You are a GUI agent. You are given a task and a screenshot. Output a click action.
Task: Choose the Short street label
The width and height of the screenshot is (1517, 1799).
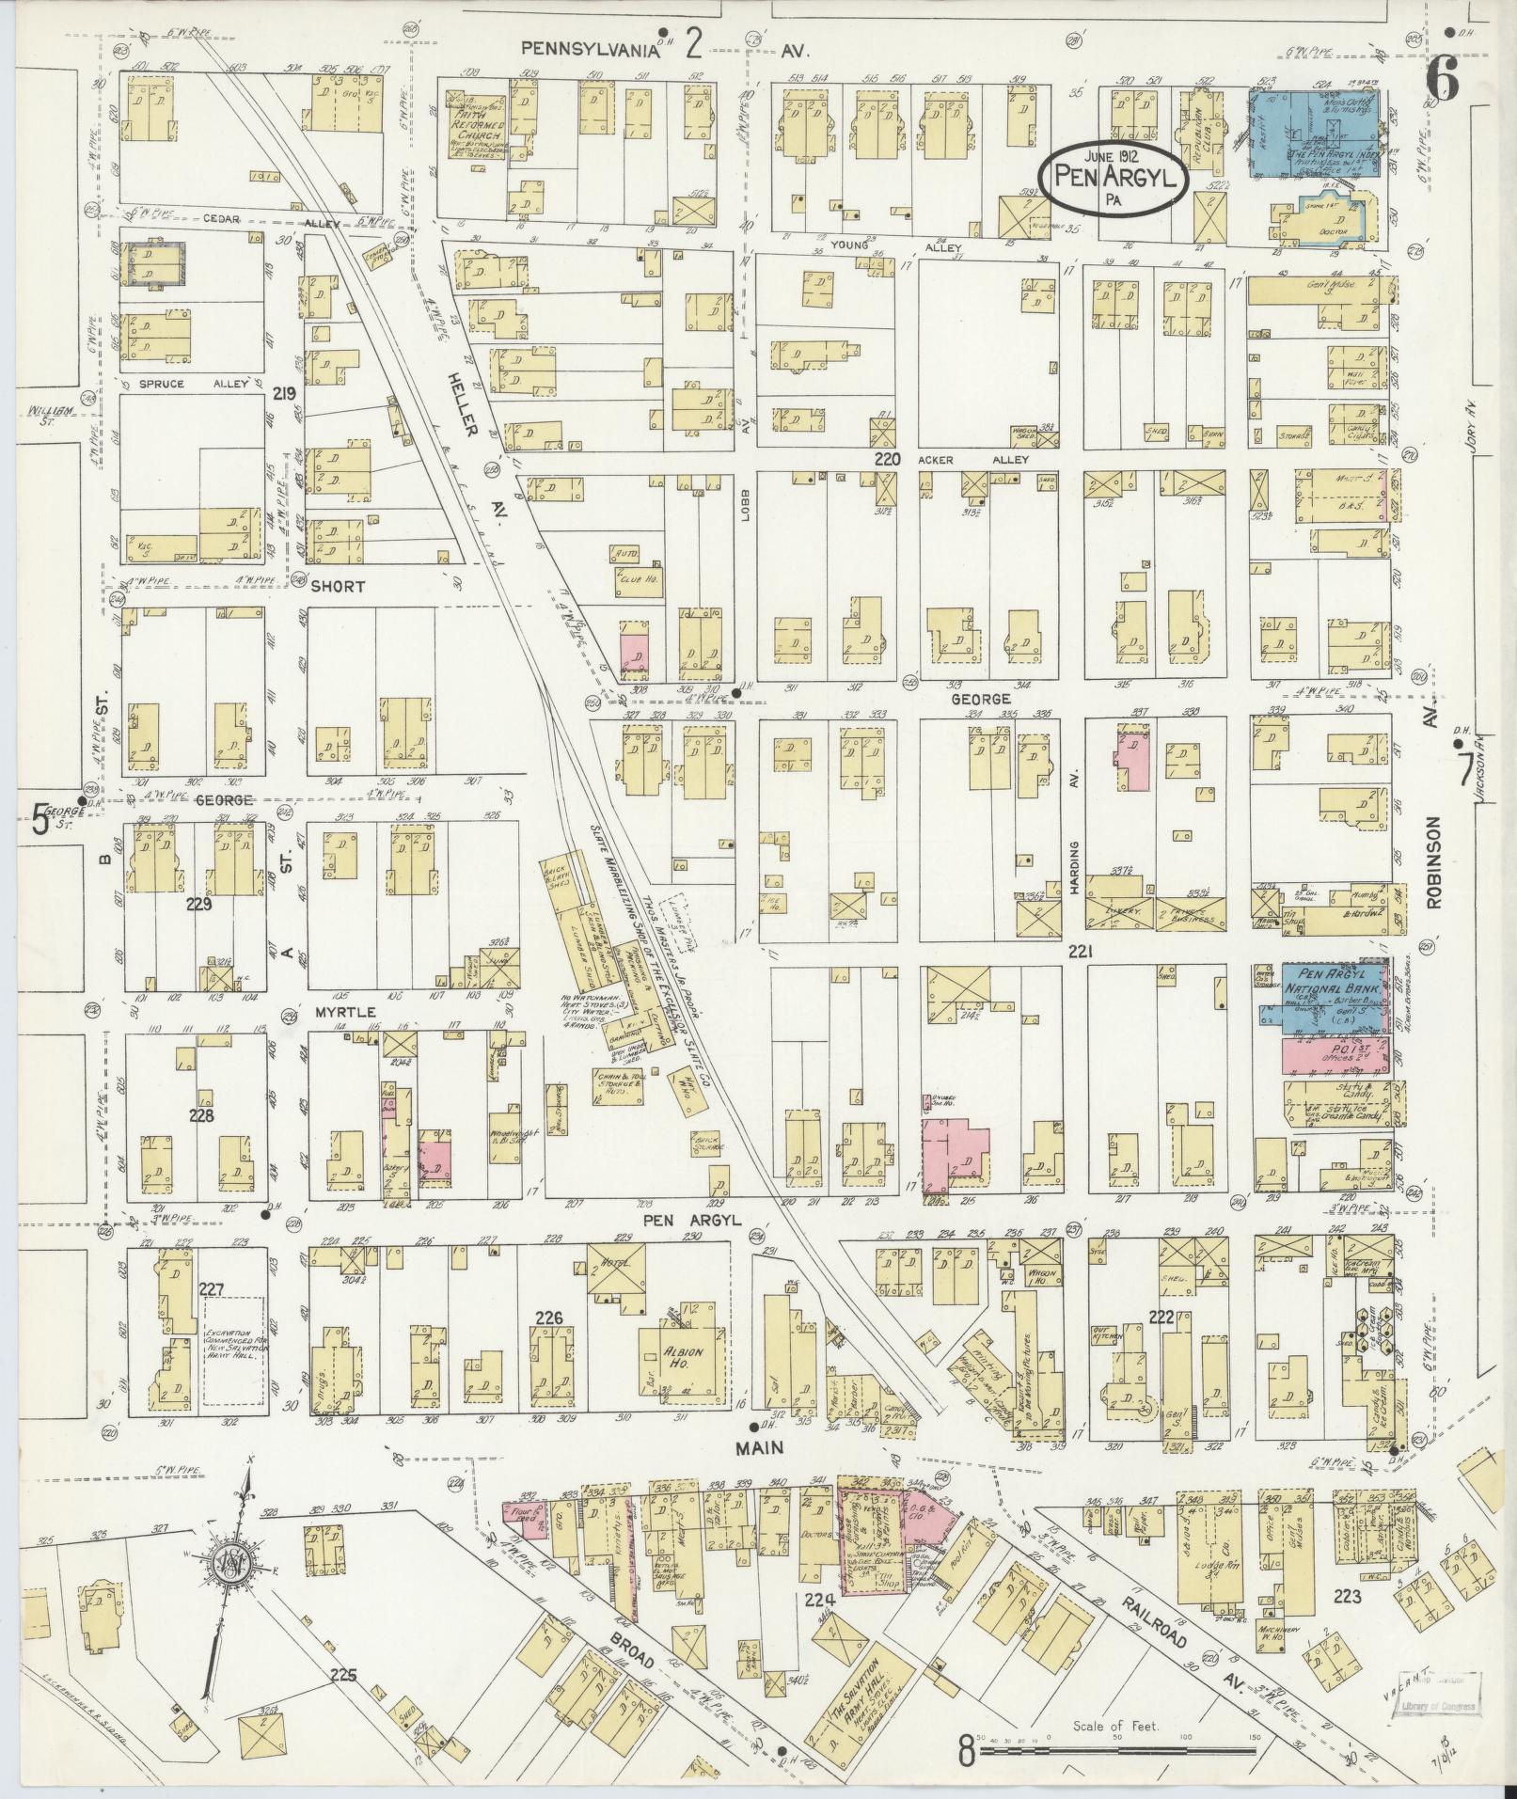point(339,585)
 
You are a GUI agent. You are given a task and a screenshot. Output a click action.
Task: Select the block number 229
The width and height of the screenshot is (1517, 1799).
point(198,905)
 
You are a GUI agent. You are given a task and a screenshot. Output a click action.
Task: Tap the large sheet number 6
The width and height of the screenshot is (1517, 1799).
point(1442,83)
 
